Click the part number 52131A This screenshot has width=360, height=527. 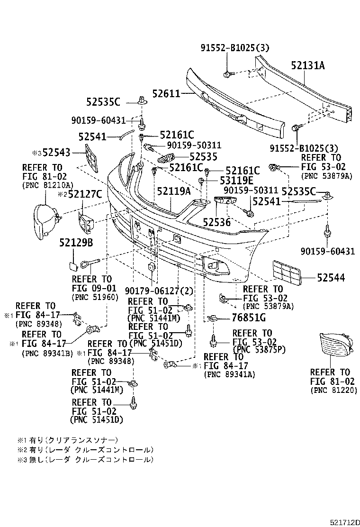point(308,66)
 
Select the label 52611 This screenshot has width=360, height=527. point(166,94)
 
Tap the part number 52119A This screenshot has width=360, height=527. point(174,191)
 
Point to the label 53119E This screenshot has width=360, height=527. point(236,181)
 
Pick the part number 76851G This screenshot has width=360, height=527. point(249,318)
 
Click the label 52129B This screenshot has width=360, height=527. point(76,243)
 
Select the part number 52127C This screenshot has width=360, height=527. point(82,193)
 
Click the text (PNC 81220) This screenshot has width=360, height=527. point(333,390)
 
